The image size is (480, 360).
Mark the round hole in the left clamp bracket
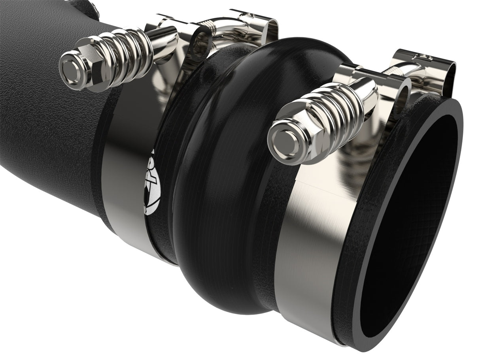point(202,46)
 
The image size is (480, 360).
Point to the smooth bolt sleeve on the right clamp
point(366,95)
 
